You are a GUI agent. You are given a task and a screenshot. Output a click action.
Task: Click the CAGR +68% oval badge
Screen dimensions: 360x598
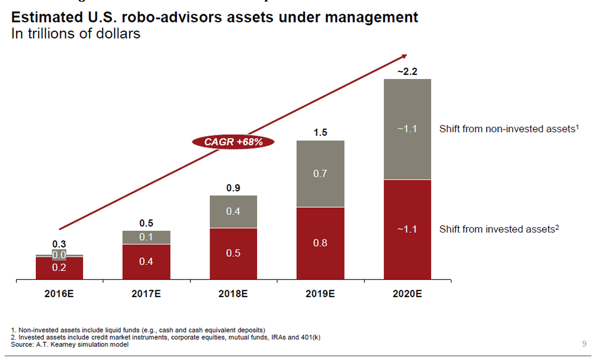coord(233,142)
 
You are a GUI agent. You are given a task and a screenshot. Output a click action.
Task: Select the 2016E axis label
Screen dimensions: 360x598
coord(59,294)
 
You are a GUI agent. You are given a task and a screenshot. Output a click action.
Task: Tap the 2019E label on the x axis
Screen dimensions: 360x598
coord(320,294)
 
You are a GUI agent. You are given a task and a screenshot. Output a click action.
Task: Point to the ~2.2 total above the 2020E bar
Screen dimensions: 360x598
coord(407,72)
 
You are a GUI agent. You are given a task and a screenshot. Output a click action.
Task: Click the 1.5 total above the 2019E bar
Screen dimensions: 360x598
coord(320,133)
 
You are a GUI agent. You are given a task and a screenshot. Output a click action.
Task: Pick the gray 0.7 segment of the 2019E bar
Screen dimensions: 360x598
coord(320,174)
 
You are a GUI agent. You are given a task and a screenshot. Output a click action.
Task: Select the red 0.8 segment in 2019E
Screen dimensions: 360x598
coord(320,243)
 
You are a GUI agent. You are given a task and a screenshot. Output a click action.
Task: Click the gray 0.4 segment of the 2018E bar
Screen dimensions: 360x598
coord(233,211)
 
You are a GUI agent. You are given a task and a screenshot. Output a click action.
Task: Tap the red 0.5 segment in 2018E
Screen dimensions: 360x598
coord(233,253)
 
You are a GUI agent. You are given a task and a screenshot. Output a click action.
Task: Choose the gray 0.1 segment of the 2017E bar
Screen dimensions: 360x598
coord(146,237)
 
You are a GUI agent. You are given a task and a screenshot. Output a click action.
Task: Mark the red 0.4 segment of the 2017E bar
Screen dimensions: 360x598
coord(146,261)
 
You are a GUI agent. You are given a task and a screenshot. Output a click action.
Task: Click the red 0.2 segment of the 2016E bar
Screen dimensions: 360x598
coord(59,268)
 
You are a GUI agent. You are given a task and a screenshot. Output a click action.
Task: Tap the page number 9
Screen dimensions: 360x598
coord(584,344)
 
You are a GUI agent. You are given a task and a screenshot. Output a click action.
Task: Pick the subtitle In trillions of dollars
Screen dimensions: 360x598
coord(75,34)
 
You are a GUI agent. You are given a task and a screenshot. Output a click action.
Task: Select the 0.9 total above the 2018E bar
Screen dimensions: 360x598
coord(233,188)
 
